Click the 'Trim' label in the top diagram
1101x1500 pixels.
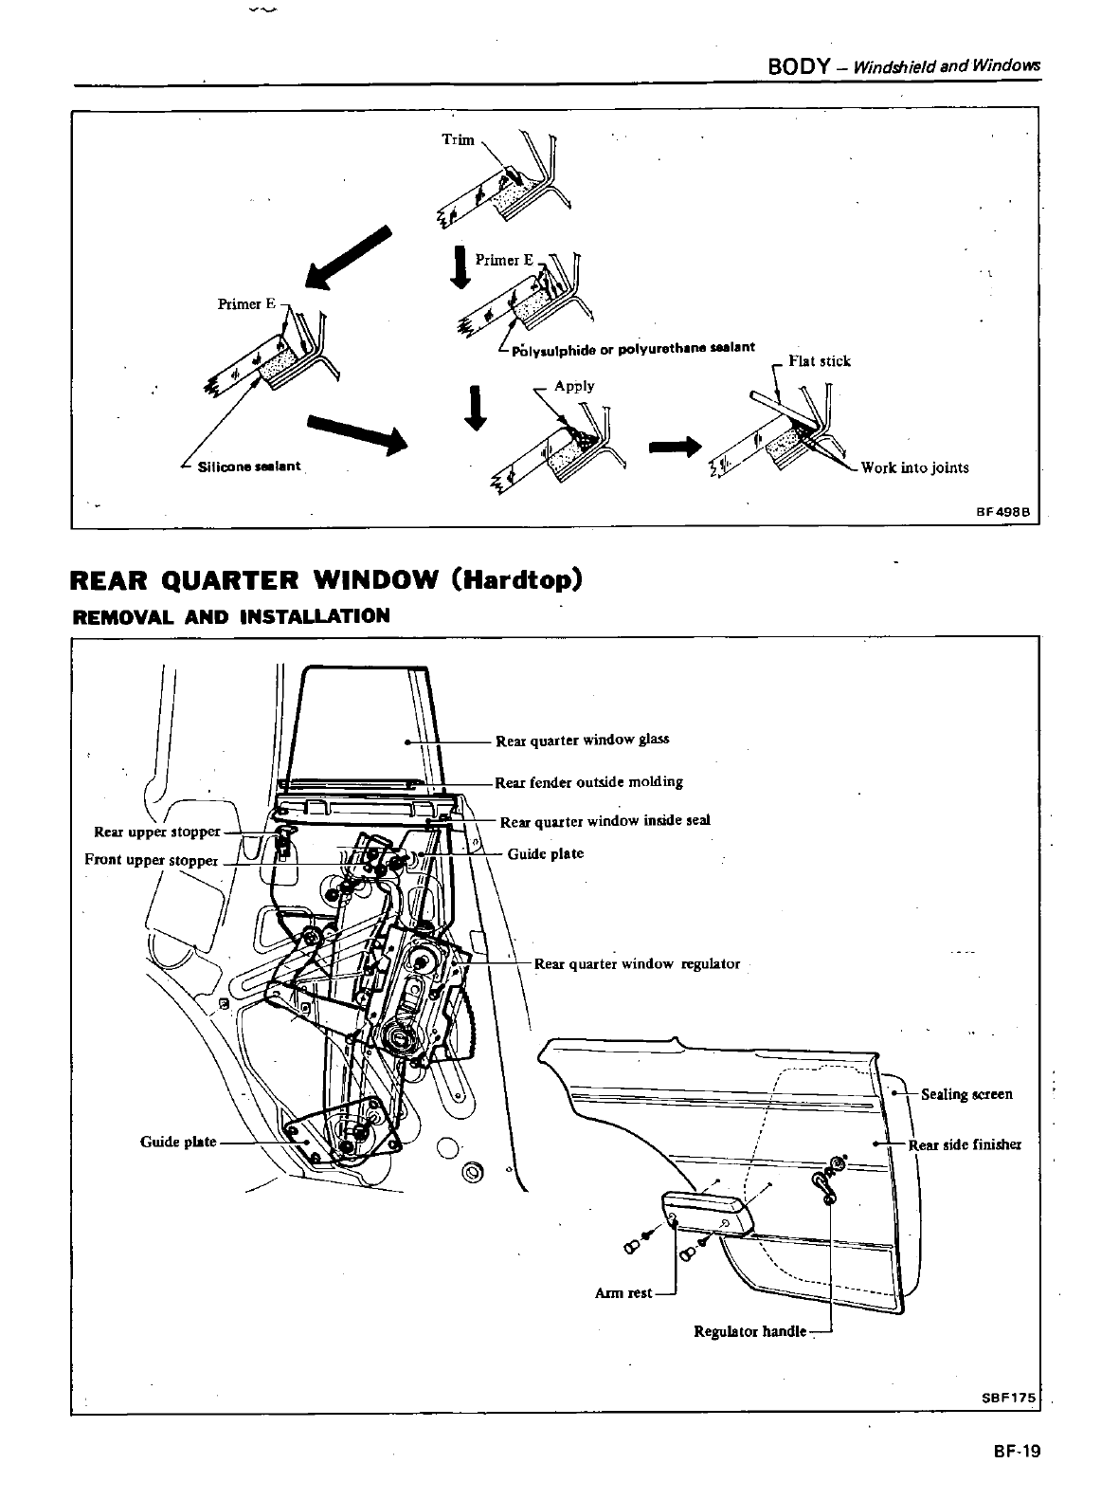[458, 139]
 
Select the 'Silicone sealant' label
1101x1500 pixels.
[248, 466]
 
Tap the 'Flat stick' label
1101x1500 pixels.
[820, 360]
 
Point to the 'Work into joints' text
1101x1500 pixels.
[914, 466]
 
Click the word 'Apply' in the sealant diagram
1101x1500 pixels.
[574, 386]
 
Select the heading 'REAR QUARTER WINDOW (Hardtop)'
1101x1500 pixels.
[326, 578]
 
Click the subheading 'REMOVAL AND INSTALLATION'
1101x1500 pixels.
[231, 616]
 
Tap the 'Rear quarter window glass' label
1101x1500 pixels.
[582, 740]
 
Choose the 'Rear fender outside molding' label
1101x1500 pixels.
[588, 782]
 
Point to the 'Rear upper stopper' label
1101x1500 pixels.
[156, 832]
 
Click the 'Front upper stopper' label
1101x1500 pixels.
[152, 860]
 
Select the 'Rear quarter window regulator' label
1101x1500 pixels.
[637, 963]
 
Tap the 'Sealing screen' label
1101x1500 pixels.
[966, 1094]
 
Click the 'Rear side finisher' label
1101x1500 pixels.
[965, 1144]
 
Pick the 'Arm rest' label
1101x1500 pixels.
[623, 1293]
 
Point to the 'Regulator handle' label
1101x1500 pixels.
[750, 1331]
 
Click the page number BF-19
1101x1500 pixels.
[1016, 1451]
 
